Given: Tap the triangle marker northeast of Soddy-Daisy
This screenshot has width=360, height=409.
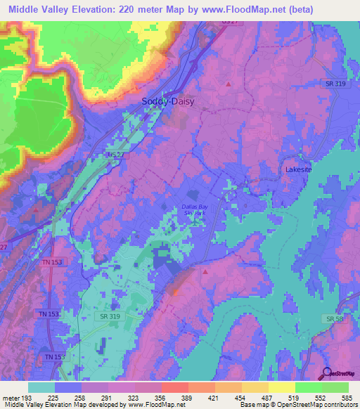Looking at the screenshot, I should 229,84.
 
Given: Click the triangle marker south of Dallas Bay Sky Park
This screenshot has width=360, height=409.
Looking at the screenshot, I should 205,270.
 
